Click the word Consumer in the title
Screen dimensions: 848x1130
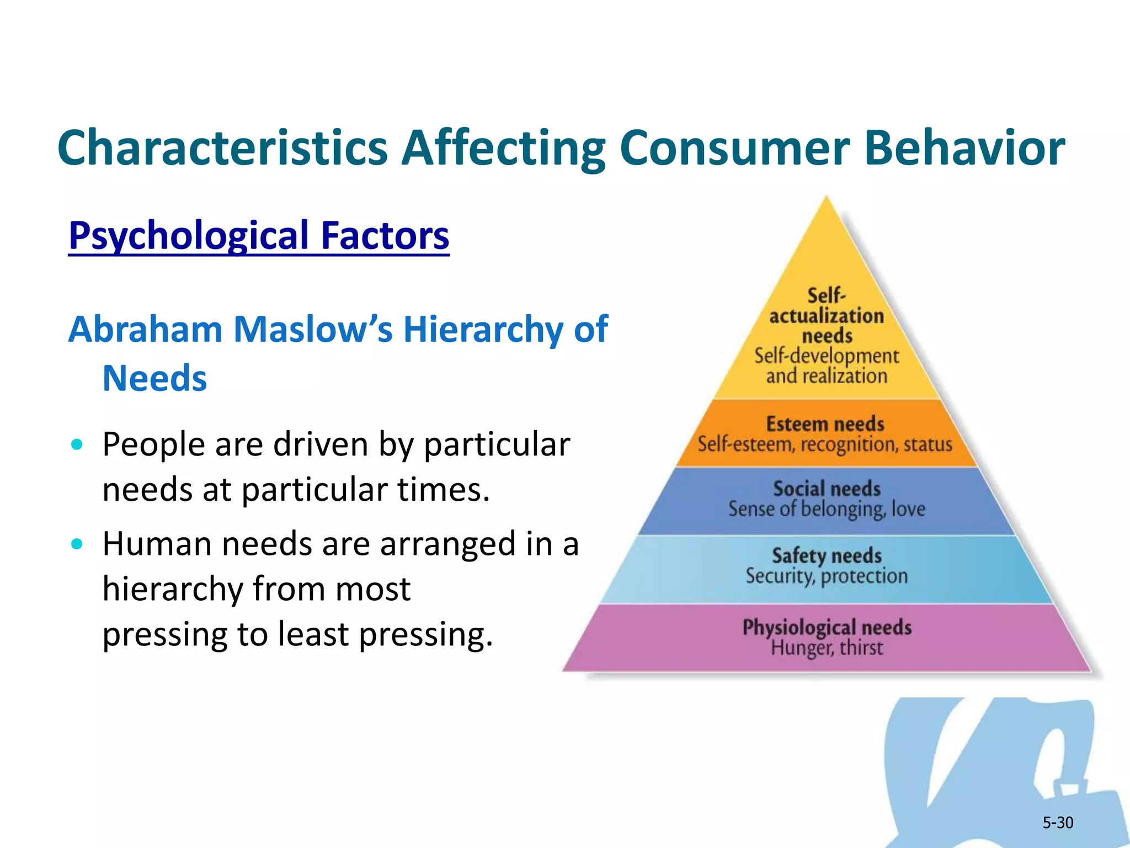734,148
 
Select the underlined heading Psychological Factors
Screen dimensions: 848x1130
259,236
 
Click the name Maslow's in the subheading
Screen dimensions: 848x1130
313,330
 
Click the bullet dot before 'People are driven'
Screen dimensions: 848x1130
77,444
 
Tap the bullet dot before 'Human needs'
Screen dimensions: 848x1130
77,544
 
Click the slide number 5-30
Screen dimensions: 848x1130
1057,823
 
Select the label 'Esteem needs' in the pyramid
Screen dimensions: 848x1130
825,424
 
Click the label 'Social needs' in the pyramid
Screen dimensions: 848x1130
827,489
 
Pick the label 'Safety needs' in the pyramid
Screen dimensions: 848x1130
827,555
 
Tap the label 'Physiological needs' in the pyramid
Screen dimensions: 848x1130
827,628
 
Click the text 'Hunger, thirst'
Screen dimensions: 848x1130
827,648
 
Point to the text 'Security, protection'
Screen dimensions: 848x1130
827,576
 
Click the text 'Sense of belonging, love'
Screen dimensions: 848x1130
827,509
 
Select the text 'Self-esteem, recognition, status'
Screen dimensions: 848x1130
825,444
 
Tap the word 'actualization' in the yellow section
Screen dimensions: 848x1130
827,316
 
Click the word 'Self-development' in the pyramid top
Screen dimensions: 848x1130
827,356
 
